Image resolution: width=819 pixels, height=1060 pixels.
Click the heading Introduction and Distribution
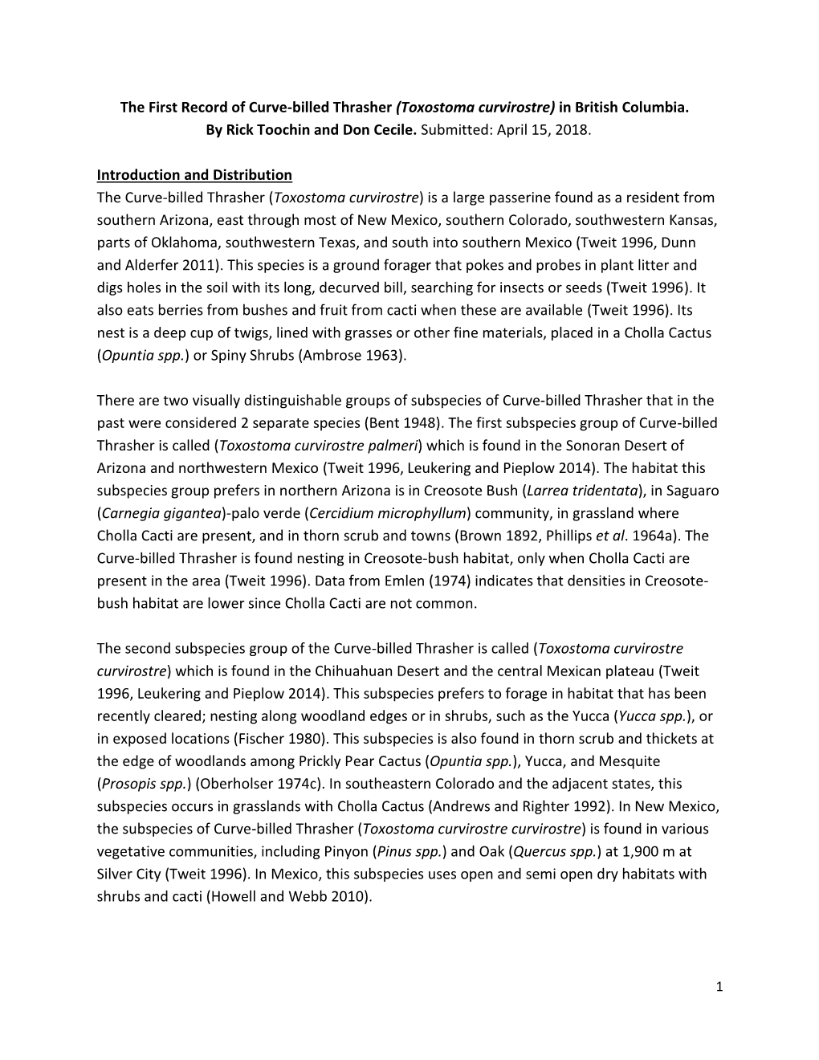(x=194, y=175)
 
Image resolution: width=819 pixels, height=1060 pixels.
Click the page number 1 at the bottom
(x=719, y=986)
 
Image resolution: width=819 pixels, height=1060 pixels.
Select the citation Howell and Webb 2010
(x=288, y=896)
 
